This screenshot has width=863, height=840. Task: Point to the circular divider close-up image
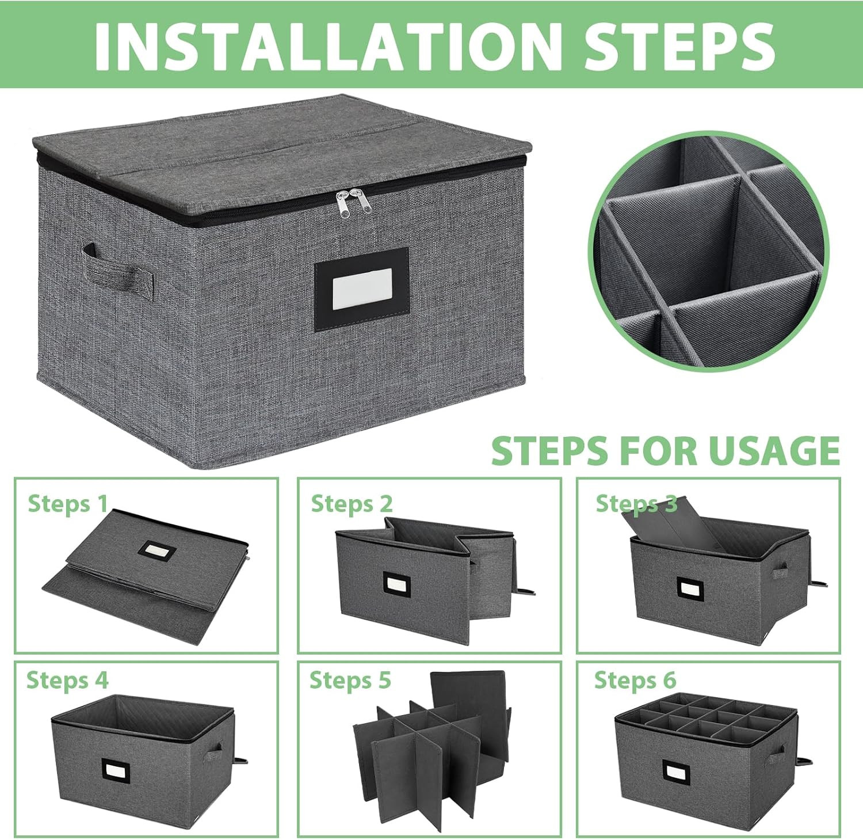coord(709,251)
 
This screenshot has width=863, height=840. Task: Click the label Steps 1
coord(68,504)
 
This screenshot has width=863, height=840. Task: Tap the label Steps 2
coord(352,504)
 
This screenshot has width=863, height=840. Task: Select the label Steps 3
coord(636,504)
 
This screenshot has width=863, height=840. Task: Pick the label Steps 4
coord(67,680)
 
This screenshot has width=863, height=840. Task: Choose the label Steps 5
coord(350,680)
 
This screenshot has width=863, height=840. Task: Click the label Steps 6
coord(635,680)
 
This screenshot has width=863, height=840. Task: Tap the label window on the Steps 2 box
coord(396,585)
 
